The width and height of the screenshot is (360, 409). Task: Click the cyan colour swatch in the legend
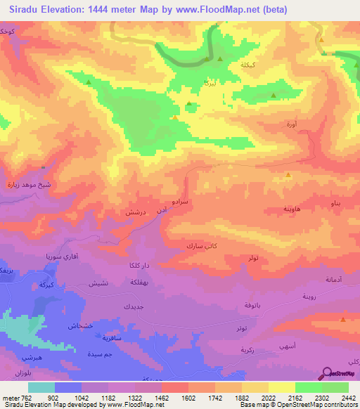pos(41,387)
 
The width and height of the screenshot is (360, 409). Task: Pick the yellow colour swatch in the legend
pos(282,387)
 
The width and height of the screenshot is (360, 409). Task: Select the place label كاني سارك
pos(201,246)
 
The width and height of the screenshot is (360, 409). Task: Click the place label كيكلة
pos(249,65)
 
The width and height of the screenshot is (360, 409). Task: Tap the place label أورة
pos(291,124)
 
